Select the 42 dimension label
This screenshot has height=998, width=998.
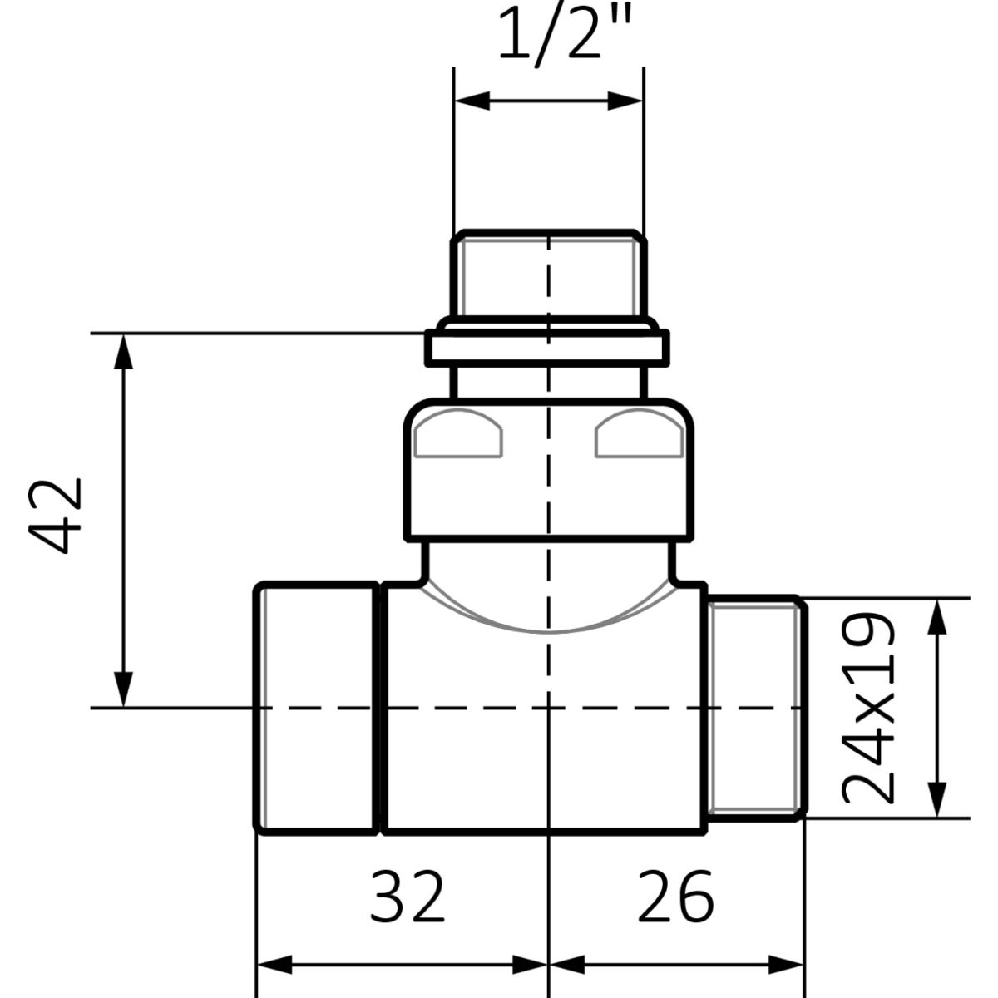pos(56,516)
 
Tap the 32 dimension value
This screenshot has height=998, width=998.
pos(407,896)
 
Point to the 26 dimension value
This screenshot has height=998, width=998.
pos(676,896)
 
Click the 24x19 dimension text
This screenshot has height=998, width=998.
pos(868,708)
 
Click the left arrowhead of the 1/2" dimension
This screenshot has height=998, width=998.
pos(472,101)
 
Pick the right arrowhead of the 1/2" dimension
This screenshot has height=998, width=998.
pos(625,101)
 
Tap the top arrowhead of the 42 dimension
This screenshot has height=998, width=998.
pos(123,352)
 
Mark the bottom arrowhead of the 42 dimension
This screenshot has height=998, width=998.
pos(123,689)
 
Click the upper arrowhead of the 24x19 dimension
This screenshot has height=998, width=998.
pos(937,616)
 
